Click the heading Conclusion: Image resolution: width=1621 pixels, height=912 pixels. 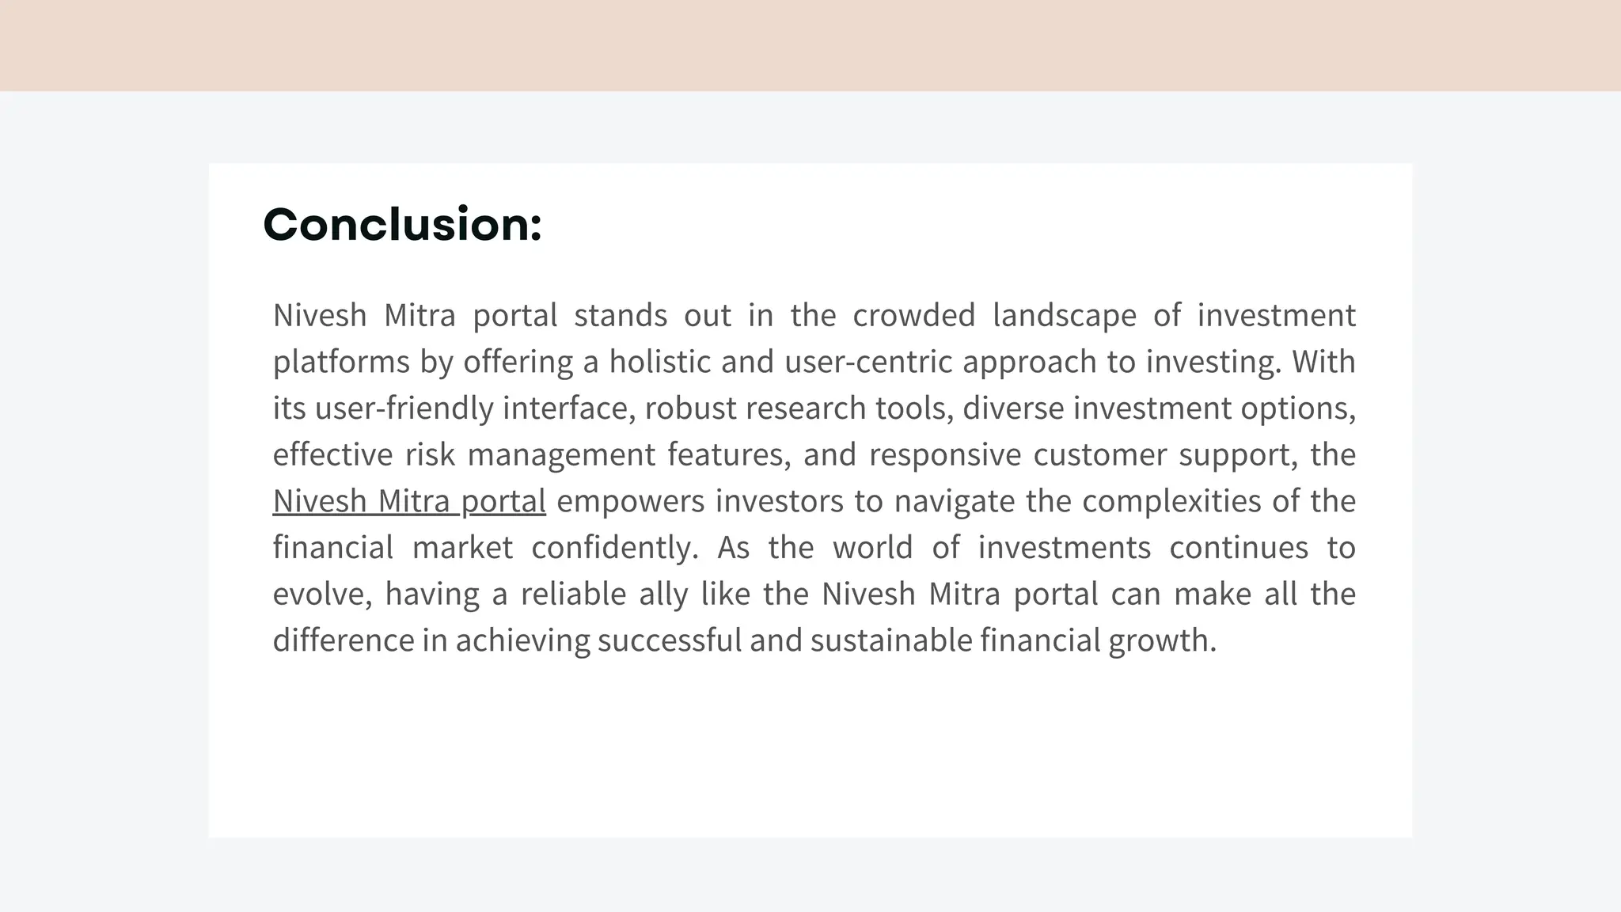402,225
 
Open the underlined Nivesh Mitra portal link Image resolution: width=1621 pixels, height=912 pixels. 409,501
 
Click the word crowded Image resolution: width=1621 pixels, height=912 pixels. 913,316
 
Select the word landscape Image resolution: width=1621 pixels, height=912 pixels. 1064,316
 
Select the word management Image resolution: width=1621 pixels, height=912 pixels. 561,455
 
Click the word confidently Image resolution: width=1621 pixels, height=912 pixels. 615,548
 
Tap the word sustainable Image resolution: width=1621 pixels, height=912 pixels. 890,640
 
